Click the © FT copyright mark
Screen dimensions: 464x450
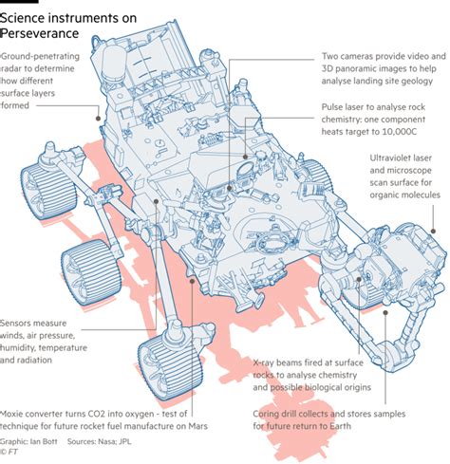11,453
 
